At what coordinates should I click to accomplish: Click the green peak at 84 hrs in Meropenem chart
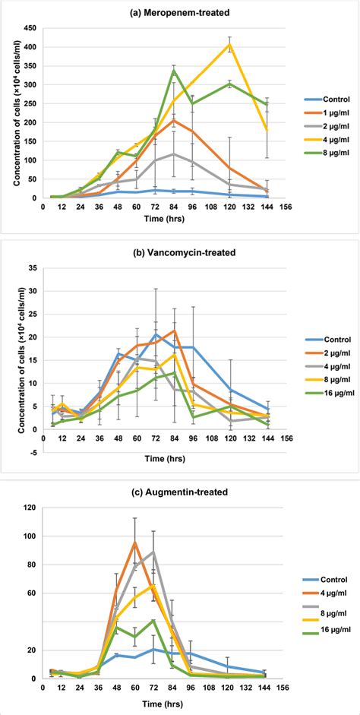pos(174,70)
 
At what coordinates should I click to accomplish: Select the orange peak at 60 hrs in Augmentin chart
pos(135,542)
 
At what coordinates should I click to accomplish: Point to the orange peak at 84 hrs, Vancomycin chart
pos(174,331)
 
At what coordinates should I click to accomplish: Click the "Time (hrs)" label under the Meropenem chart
pos(159,217)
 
